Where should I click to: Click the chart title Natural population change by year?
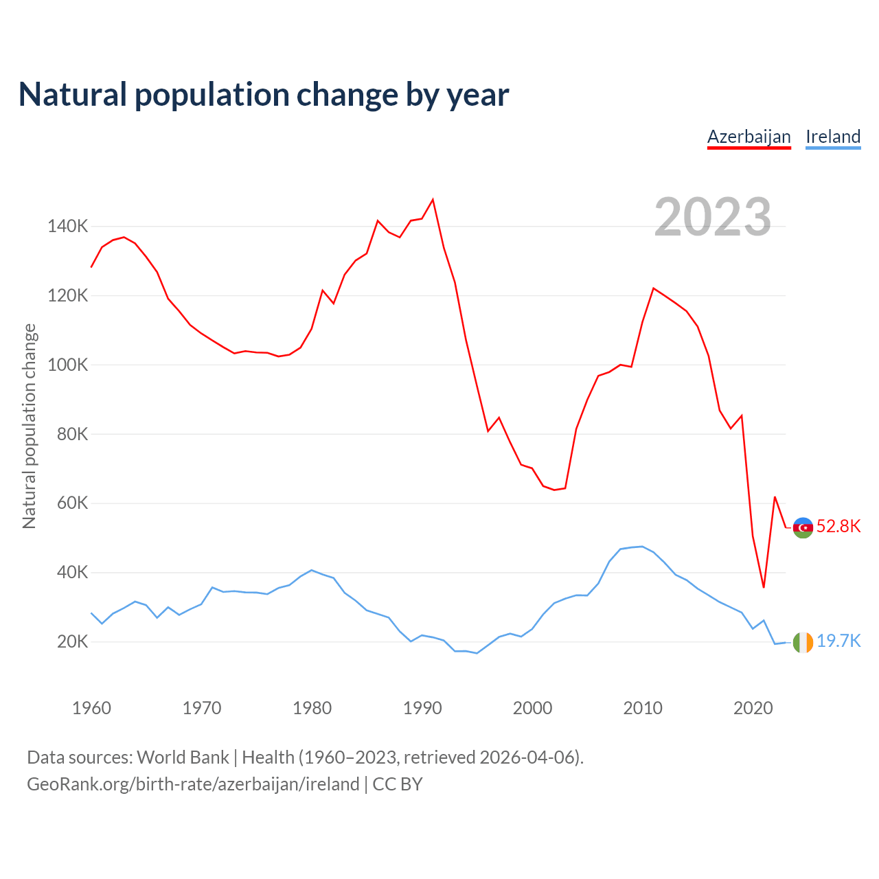pos(264,95)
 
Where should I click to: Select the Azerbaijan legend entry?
pos(749,137)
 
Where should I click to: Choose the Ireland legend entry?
pos(833,137)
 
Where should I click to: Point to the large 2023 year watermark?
pos(712,217)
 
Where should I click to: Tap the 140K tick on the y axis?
pos(67,226)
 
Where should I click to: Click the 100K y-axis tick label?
pos(67,365)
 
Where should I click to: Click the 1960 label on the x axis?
pos(91,708)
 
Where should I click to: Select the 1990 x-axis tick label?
pos(422,708)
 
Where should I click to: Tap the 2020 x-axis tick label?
pos(753,708)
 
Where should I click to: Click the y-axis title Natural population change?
pos(30,426)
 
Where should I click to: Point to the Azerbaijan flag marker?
pos(803,527)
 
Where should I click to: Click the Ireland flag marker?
pos(803,642)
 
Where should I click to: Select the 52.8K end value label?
pos(838,527)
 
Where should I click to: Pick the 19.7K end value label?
pos(838,641)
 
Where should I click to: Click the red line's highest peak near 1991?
pos(433,200)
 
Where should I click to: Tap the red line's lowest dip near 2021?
pos(764,587)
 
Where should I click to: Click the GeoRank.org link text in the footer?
pos(193,784)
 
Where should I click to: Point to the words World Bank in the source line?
pos(183,757)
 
